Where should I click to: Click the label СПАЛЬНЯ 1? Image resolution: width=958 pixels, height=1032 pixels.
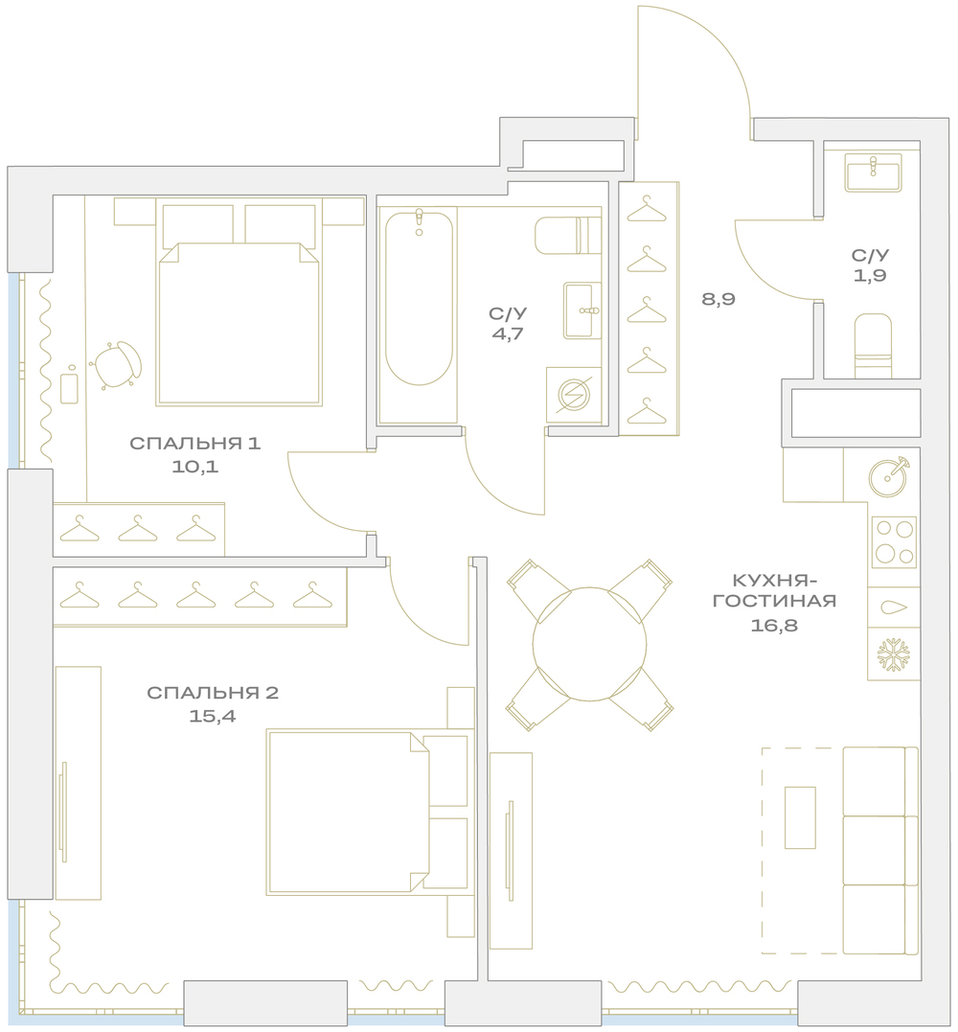(194, 443)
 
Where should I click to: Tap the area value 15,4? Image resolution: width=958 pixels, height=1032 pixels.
(212, 716)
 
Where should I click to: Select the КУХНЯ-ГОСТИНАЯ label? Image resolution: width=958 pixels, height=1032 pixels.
(774, 590)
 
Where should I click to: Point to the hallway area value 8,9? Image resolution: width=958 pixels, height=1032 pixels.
(718, 300)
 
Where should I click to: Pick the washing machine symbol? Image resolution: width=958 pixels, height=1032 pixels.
(574, 395)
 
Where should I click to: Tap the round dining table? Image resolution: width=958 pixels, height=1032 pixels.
(589, 644)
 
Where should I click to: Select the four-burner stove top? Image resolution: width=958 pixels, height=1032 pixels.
(894, 543)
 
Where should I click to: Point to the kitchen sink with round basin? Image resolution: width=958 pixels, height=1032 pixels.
(889, 474)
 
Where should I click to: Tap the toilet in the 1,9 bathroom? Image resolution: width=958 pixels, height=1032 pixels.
(873, 346)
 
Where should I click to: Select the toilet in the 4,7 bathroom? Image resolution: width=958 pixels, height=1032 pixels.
(568, 235)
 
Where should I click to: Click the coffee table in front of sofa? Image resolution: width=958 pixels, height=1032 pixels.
(800, 817)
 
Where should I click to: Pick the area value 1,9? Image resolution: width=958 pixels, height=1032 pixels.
(870, 276)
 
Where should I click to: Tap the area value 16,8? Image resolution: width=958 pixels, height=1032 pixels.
(774, 626)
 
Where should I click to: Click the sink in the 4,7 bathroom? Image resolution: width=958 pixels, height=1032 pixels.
(582, 310)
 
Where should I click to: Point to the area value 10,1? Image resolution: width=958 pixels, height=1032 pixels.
(194, 467)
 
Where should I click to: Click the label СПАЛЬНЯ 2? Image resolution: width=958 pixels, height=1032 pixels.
(213, 693)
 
